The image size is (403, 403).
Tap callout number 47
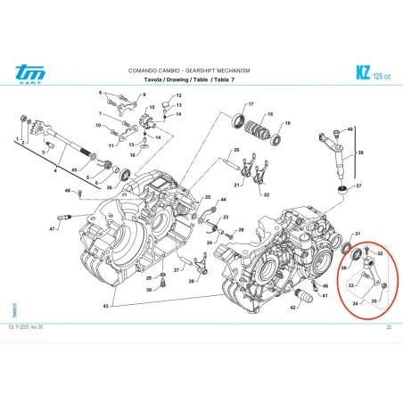click(x=53, y=229)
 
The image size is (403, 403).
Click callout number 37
click(x=358, y=186)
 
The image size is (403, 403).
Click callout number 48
click(x=68, y=191)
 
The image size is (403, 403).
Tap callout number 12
click(x=177, y=95)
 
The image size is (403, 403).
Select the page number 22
click(x=388, y=329)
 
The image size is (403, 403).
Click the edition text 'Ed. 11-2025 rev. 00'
click(x=29, y=329)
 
